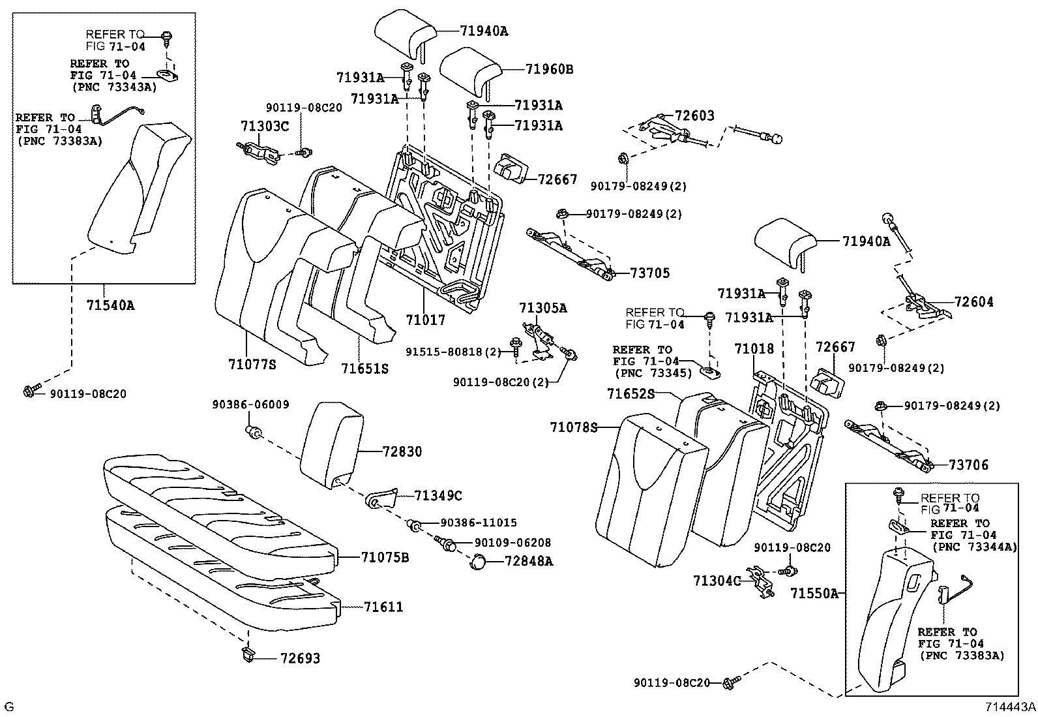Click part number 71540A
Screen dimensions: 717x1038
[x=110, y=305]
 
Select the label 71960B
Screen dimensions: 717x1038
[x=550, y=69]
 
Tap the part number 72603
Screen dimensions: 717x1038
[x=694, y=115]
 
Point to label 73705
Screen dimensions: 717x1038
[x=650, y=273]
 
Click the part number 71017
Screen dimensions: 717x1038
[x=425, y=320]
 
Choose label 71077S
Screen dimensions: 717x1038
[x=252, y=364]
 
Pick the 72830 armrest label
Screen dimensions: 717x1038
[x=402, y=451]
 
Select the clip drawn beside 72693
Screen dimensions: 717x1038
[x=248, y=655]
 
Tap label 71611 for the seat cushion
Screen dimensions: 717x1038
[x=383, y=607]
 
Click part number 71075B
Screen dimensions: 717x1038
[x=385, y=557]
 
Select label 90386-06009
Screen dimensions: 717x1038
[x=250, y=404]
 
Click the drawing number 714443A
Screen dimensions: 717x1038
[x=1010, y=707]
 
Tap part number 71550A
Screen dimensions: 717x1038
[x=814, y=594]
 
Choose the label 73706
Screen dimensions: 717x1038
[x=968, y=465]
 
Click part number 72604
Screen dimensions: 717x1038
[x=974, y=302]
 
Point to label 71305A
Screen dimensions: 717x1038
[x=543, y=307]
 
